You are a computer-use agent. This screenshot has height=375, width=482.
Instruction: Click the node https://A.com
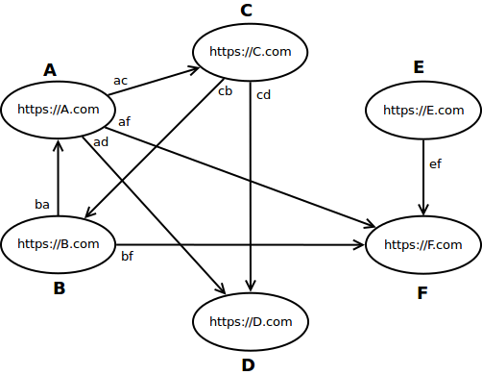59,109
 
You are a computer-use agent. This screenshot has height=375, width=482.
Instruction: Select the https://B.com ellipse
59,243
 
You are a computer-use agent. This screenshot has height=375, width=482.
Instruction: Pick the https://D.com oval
251,320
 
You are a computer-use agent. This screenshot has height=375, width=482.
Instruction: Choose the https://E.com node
423,110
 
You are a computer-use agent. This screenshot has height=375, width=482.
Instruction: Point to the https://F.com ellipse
423,244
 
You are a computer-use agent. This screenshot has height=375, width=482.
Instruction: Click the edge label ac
120,80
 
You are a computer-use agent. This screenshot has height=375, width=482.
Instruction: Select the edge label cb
226,92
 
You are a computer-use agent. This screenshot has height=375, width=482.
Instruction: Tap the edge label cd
264,94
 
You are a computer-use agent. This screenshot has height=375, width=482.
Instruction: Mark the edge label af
125,122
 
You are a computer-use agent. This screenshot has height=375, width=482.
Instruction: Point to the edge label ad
101,143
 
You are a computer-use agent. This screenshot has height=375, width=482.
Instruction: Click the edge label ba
42,204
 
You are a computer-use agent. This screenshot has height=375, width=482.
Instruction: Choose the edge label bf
127,257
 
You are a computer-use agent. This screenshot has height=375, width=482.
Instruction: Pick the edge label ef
435,164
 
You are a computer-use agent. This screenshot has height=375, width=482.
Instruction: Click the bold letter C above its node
246,11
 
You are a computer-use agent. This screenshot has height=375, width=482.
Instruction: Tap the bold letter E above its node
419,67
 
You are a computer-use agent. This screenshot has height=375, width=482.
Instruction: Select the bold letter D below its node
248,364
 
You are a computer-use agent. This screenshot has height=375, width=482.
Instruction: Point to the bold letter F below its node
422,292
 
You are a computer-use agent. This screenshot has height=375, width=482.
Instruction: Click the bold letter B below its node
59,288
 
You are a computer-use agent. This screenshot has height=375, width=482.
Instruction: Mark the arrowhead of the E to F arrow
423,209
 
